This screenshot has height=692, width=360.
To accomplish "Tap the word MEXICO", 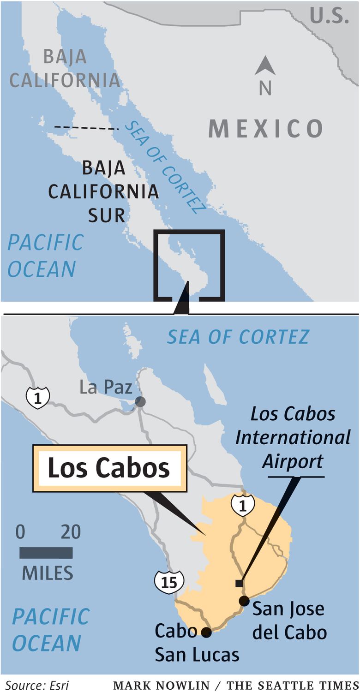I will coord(265,128).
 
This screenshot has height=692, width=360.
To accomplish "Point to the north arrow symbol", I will coord(265,66).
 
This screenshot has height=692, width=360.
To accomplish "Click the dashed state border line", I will coord(83,127).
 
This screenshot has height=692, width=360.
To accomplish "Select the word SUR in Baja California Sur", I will coord(107,215).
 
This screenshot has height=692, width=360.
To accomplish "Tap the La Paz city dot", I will coord(140,401).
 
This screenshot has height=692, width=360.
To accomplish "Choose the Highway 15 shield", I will coord(169,583).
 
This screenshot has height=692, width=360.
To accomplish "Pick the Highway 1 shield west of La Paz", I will coord(38,398).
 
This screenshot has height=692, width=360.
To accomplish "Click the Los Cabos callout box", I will coord(109,468).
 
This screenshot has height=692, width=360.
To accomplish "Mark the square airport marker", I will coord(239,584).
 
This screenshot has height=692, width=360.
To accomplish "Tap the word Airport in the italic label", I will coord(293,461).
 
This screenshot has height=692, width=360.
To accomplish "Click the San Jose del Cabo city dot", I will coord(244,601).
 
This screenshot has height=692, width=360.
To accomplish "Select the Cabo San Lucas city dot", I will coord(206,632).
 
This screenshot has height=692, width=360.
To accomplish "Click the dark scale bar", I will coord(46,553).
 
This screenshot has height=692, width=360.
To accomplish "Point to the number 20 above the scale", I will coord(70,532).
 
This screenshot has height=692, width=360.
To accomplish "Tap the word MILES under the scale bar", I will coord(48,573).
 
